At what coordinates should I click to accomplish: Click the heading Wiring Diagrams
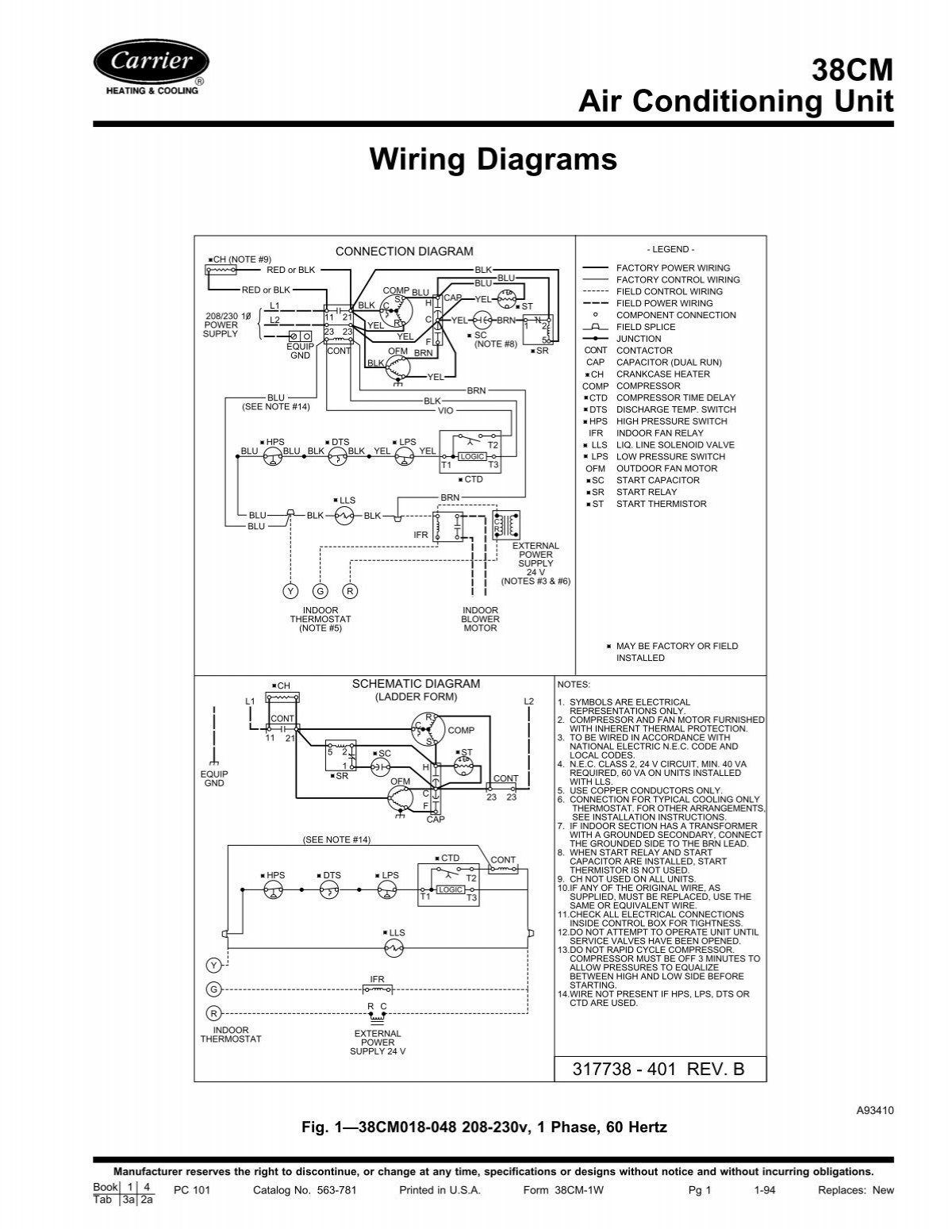point(493,159)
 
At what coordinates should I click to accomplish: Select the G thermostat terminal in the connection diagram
point(320,591)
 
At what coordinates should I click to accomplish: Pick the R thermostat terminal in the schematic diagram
point(213,1013)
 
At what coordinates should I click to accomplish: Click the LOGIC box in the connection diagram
point(471,457)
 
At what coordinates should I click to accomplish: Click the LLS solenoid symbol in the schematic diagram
point(393,947)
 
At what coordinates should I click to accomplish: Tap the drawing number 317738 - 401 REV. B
point(651,1069)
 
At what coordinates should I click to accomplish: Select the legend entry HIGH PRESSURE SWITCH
point(671,421)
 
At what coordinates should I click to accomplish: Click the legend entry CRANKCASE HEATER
point(662,374)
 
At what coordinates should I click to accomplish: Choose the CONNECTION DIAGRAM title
point(404,252)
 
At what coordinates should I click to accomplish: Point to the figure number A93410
point(875,1112)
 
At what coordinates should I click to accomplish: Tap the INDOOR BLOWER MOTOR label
point(480,619)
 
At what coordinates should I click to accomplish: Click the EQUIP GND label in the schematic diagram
point(214,778)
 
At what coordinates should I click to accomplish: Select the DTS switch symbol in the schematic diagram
point(331,891)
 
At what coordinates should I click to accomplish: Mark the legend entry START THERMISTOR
point(661,504)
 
